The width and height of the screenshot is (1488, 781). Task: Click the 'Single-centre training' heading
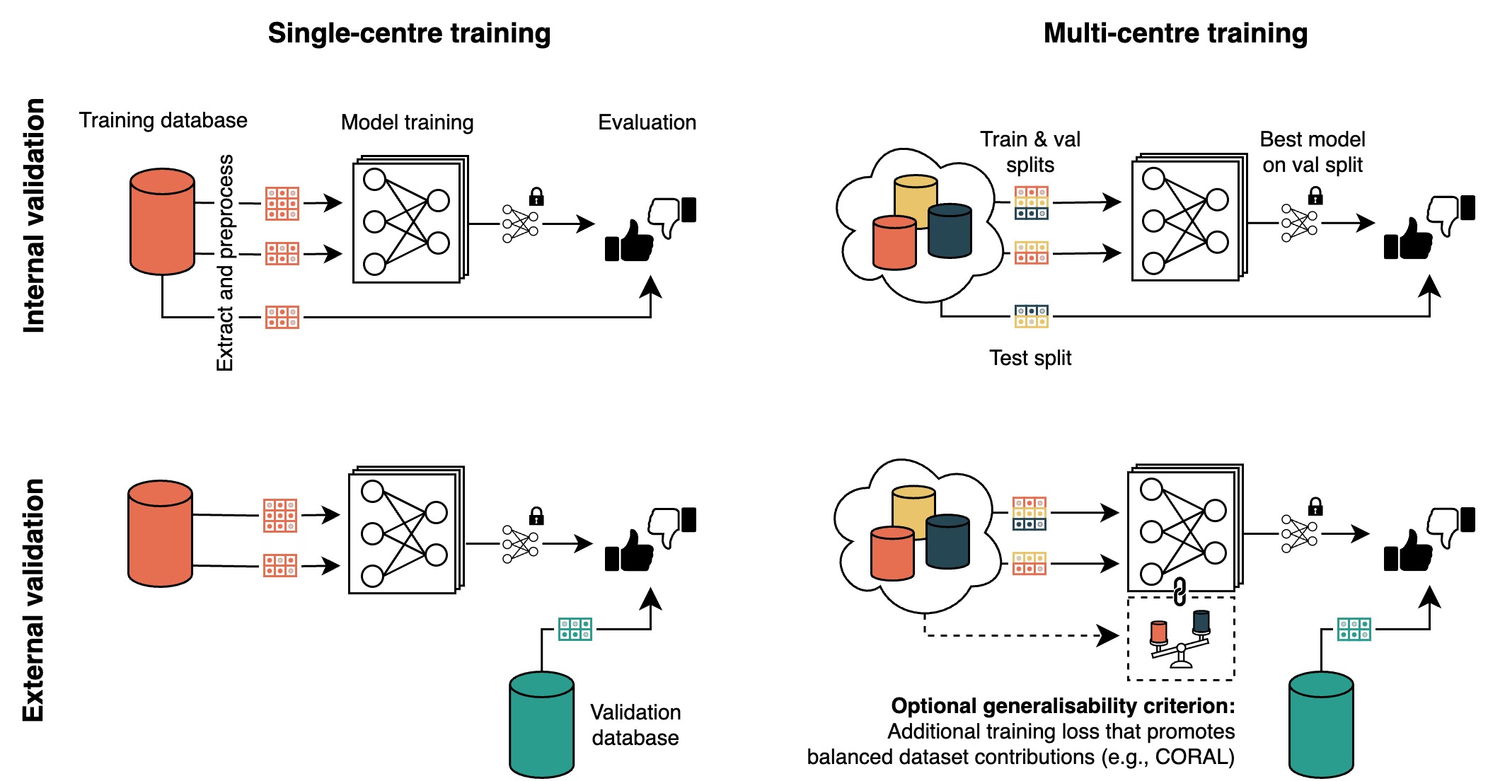tap(409, 33)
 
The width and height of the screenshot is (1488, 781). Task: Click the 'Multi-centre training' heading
tap(1175, 33)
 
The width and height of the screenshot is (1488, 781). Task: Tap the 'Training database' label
tap(163, 120)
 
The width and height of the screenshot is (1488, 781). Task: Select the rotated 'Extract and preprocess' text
tap(225, 262)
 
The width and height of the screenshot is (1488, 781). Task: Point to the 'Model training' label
tap(407, 122)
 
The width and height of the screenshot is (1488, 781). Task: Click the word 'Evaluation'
tap(647, 122)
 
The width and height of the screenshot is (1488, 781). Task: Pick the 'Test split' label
tap(1030, 358)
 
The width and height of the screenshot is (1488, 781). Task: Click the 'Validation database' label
tap(635, 724)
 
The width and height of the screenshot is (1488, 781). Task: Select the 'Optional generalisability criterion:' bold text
tap(1063, 706)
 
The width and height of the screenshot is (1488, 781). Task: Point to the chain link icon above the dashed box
tap(1180, 591)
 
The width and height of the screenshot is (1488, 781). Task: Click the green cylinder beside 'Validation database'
tap(541, 724)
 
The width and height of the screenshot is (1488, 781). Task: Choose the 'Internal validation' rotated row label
tap(34, 215)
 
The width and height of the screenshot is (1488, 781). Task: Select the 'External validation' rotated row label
tap(34, 600)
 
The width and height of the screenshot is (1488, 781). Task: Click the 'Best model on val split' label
tap(1313, 152)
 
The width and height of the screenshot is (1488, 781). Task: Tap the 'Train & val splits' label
tap(1030, 152)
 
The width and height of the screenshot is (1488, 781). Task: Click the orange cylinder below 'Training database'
tap(162, 221)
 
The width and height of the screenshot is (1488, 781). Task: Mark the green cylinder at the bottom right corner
tap(1321, 724)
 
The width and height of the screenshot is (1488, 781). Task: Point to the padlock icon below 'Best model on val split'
tap(1315, 195)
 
